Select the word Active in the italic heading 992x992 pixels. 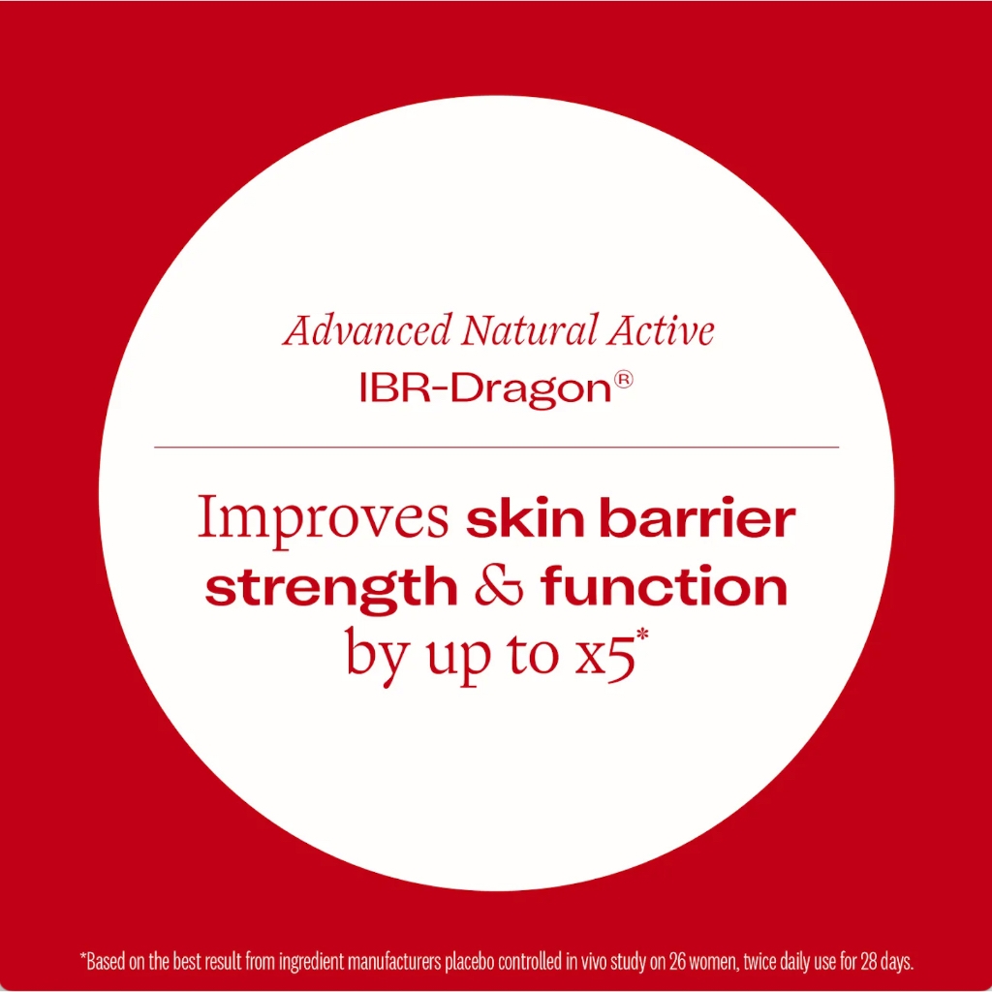click(661, 330)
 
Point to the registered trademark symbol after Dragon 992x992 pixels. click(623, 379)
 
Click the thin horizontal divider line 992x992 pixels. click(497, 448)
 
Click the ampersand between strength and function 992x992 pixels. click(499, 586)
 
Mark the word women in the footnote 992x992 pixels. click(713, 962)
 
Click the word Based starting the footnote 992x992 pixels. click(105, 962)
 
